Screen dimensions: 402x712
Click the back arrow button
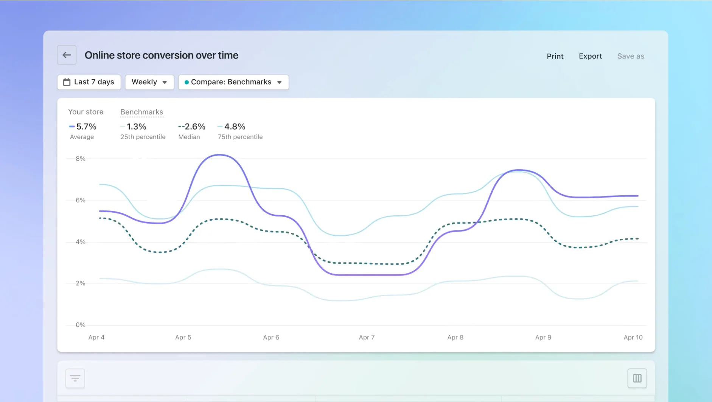[x=67, y=55]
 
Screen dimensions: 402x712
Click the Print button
[x=555, y=56]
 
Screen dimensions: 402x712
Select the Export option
[x=590, y=56]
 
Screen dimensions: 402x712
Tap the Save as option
[x=630, y=56]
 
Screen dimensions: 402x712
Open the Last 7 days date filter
[x=89, y=82]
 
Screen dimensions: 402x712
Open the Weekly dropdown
[x=149, y=82]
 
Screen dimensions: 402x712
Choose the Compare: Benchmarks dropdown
[x=233, y=82]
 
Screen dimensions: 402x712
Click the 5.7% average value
[x=86, y=127]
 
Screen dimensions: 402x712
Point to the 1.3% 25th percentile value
[x=136, y=127]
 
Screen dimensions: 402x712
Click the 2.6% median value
[x=194, y=127]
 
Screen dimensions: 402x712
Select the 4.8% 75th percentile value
[x=235, y=127]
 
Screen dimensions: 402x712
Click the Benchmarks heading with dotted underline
[x=141, y=112]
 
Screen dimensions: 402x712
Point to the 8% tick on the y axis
[x=80, y=159]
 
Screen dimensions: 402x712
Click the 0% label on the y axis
[x=80, y=325]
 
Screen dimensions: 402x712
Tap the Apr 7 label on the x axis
[x=367, y=337]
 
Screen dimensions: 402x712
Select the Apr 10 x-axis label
[x=633, y=337]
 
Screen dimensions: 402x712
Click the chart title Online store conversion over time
[x=162, y=55]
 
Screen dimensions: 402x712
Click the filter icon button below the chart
[x=75, y=378]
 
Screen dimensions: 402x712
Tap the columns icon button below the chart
[x=637, y=378]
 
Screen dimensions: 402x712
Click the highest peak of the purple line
[x=219, y=155]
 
